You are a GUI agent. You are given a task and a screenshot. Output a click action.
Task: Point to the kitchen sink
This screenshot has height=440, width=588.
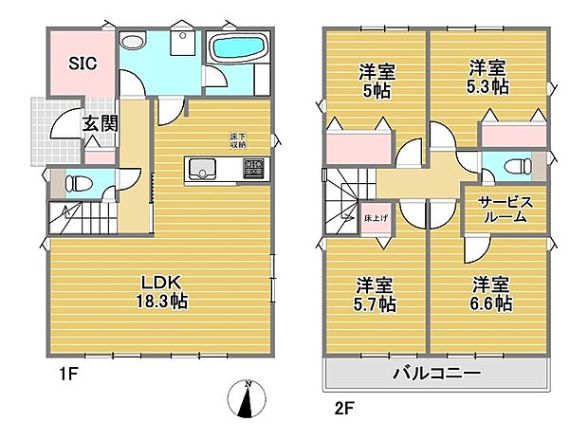coord(203,171)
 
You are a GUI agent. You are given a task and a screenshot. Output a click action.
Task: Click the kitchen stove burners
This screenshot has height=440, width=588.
coord(254,171)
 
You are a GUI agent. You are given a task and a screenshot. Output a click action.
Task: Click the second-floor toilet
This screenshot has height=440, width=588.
coord(517,167)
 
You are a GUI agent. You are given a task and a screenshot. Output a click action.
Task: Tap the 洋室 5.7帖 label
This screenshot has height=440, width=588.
coord(376,295)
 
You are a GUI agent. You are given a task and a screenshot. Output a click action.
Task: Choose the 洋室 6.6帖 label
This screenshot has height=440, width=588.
coord(492,294)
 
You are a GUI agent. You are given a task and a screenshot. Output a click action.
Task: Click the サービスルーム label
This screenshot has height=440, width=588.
coord(505,210)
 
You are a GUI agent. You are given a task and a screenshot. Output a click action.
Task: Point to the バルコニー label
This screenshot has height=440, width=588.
coord(437,373)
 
